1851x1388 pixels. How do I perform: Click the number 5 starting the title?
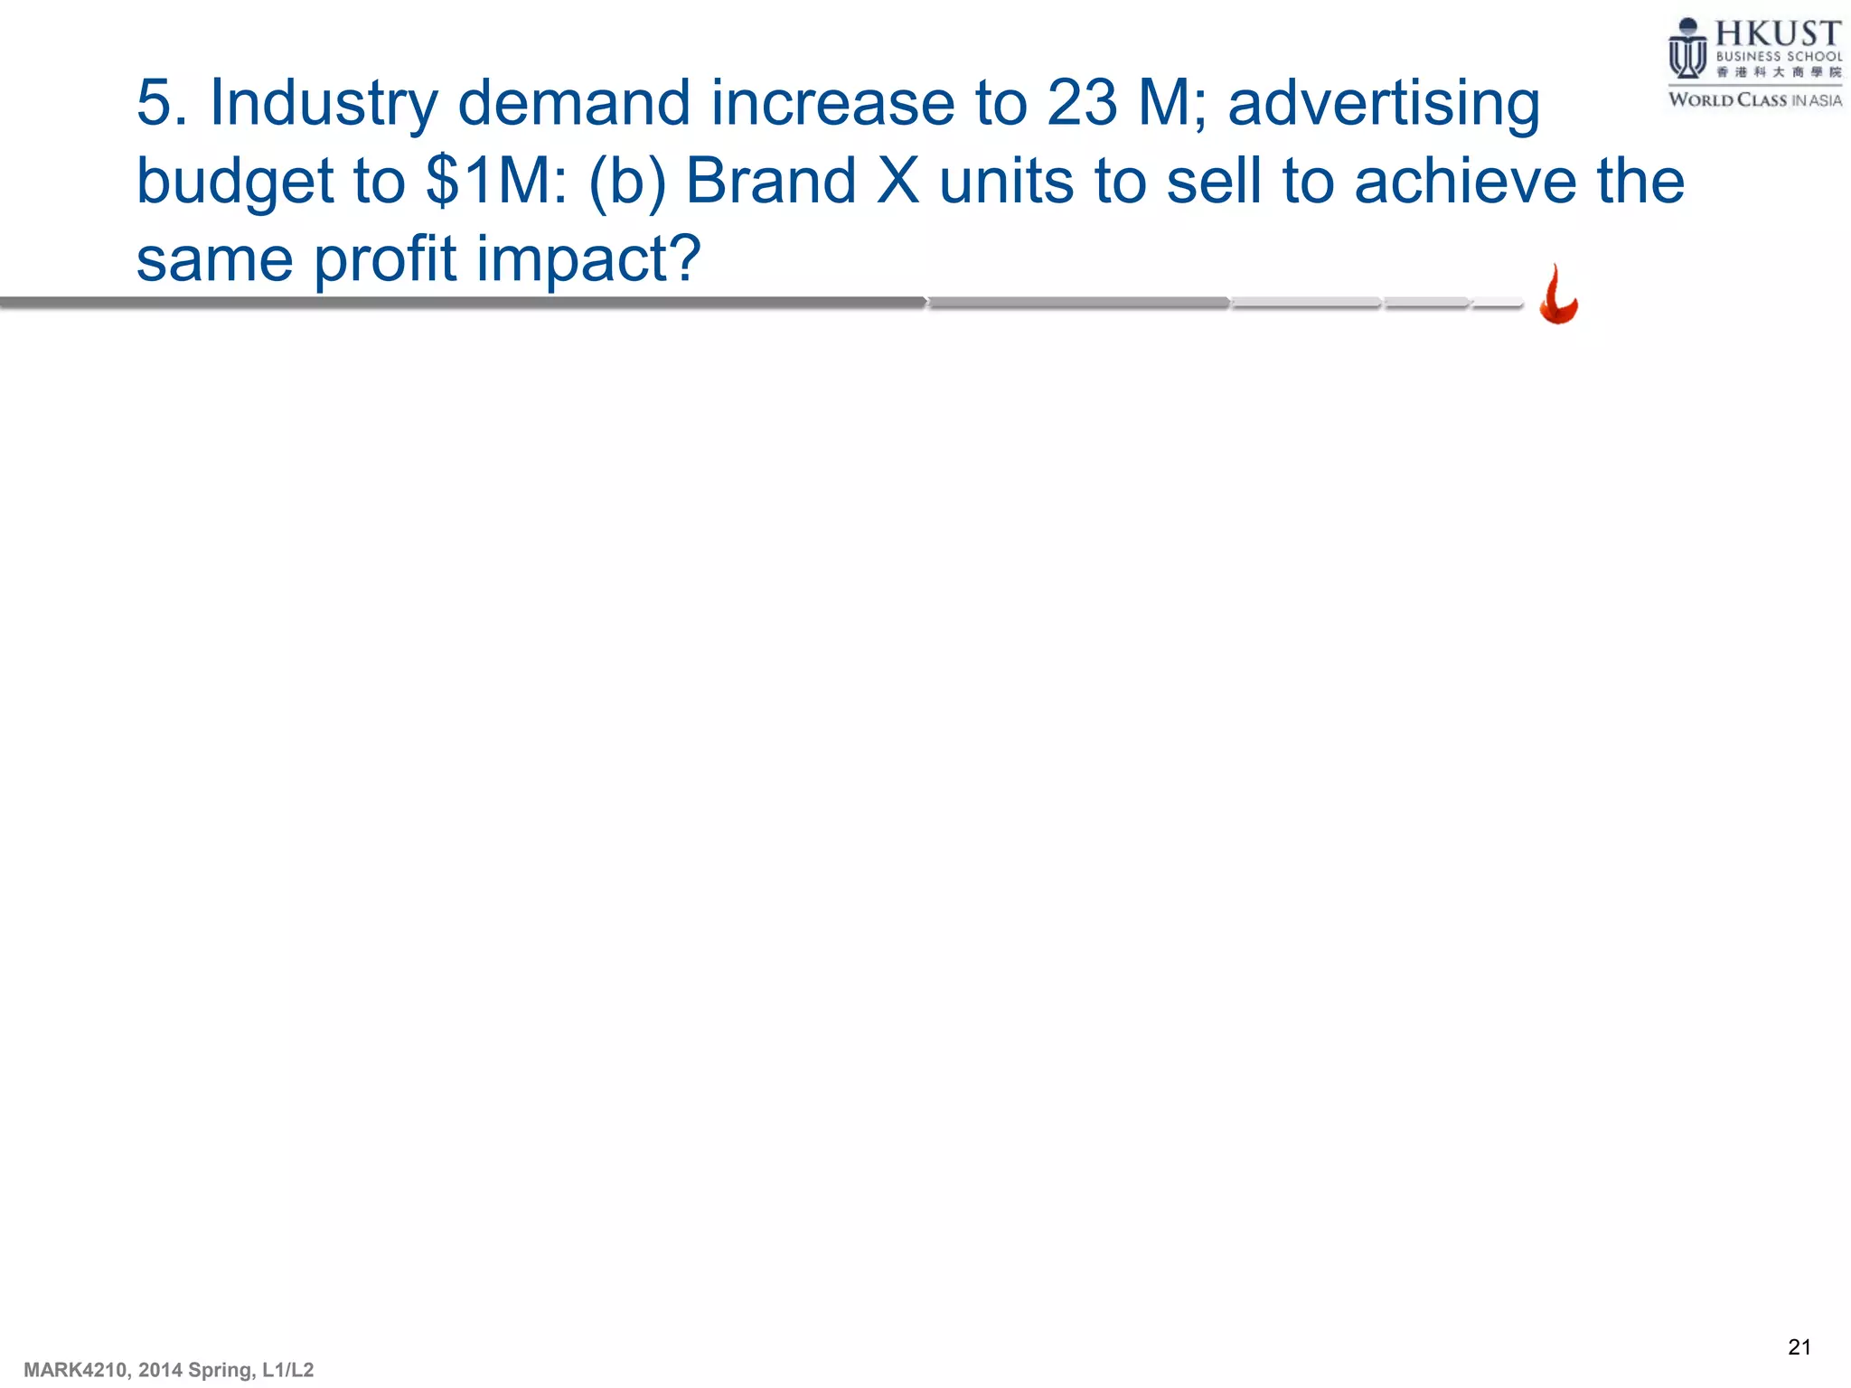coord(154,102)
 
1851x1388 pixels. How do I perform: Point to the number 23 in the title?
coord(1082,102)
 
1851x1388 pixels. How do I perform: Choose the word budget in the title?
coord(234,182)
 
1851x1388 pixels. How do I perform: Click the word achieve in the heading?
coord(1465,180)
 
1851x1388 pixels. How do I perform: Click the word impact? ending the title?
coord(588,259)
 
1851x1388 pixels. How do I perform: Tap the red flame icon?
coord(1558,295)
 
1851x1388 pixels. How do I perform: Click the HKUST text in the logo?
coord(1778,34)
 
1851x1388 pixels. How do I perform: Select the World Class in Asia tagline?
coord(1754,100)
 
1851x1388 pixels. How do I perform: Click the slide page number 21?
coord(1799,1347)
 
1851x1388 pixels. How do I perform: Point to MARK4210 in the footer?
coord(76,1370)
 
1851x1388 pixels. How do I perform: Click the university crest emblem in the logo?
coord(1687,50)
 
